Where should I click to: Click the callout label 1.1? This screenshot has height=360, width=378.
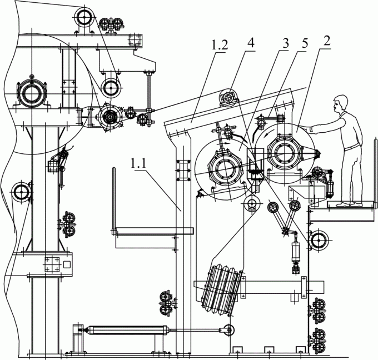click(141, 164)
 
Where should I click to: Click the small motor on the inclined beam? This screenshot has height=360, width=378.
click(228, 98)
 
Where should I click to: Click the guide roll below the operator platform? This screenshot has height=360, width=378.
click(319, 241)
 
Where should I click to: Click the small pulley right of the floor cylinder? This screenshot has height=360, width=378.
click(226, 331)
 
